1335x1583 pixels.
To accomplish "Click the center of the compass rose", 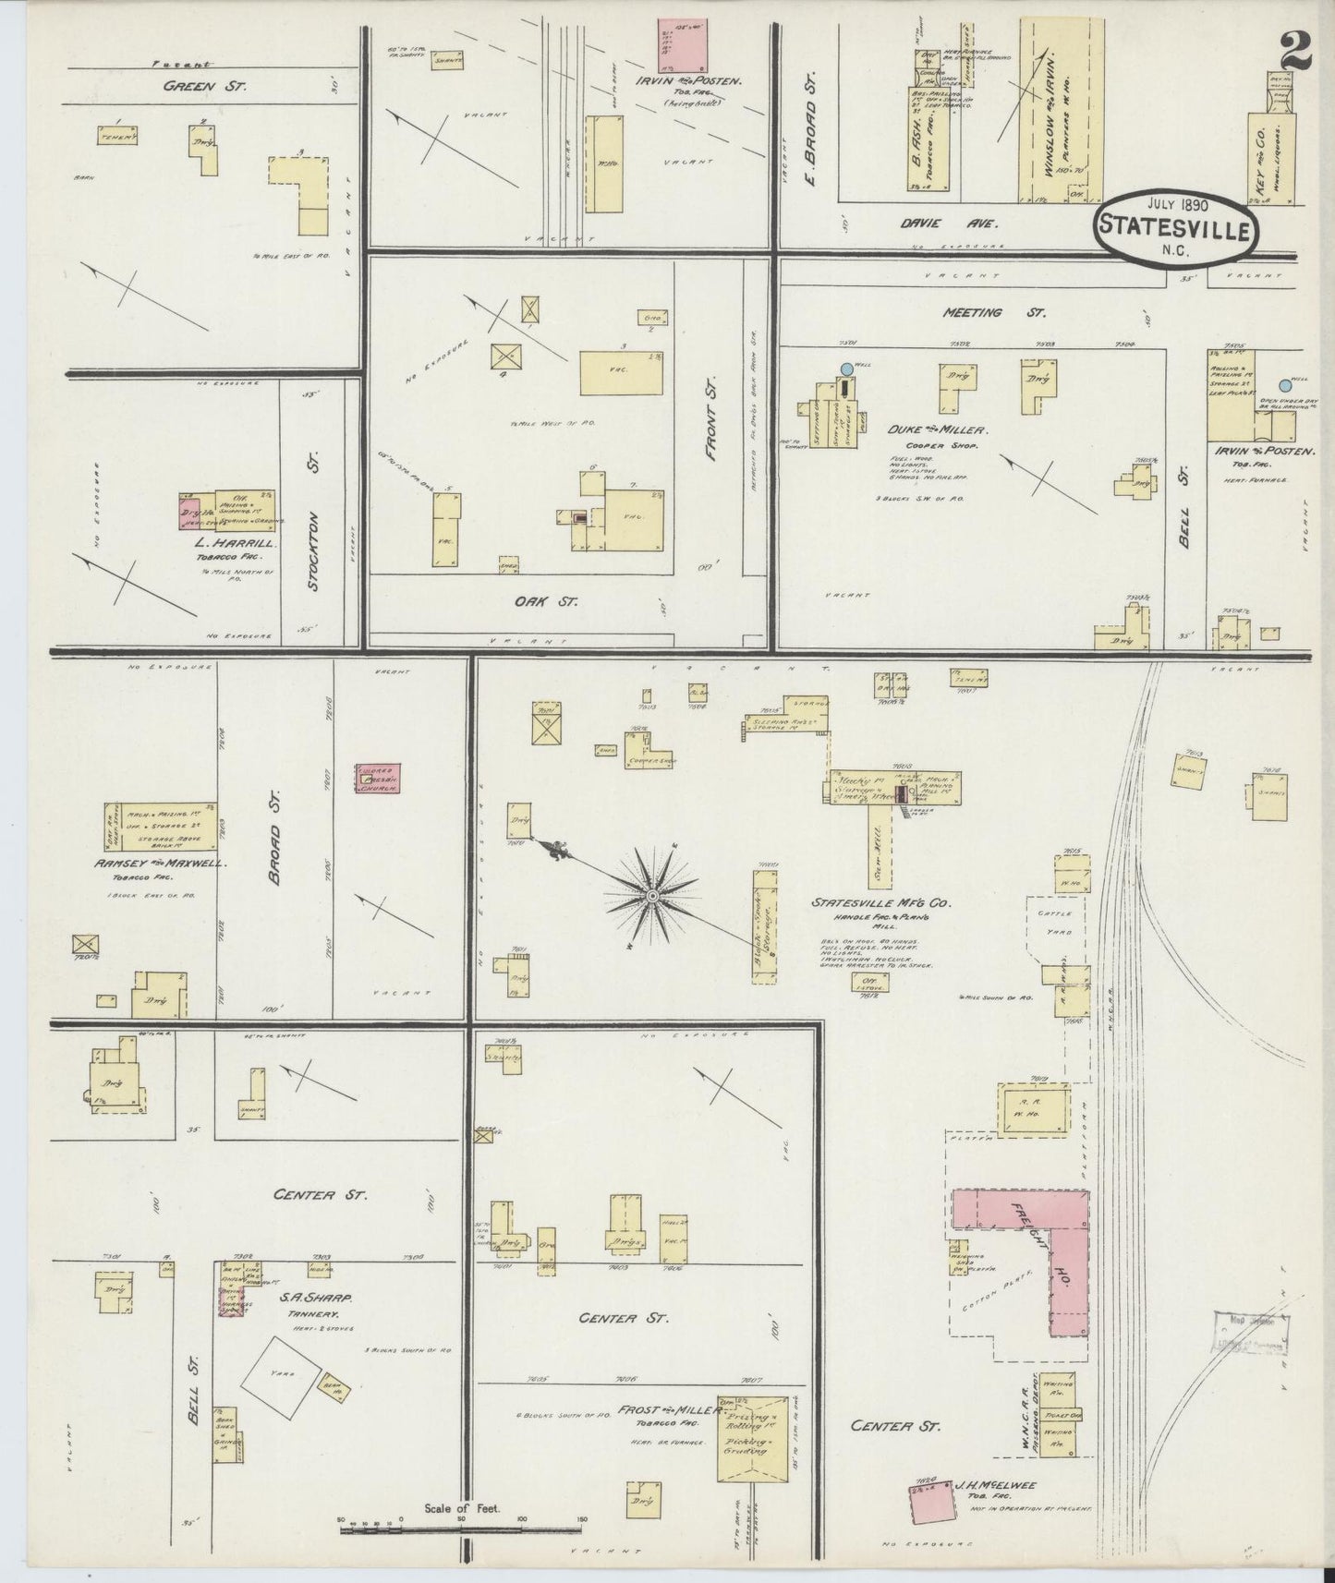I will tap(653, 896).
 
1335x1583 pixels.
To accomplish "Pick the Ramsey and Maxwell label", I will tap(163, 864).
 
